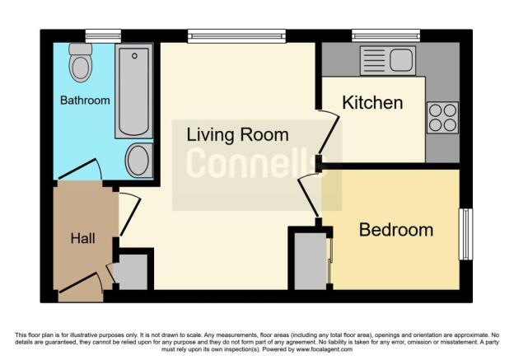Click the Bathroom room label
tap(85, 101)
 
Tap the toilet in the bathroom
tap(81, 63)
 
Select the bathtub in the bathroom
tap(133, 91)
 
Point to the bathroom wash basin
tap(138, 160)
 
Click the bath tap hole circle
tap(134, 56)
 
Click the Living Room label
tap(237, 135)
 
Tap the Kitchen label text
tap(372, 103)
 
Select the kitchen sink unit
tap(388, 61)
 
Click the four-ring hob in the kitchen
tap(442, 117)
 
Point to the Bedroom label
tap(396, 230)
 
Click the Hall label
tap(82, 238)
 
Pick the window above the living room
tap(236, 36)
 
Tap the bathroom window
tap(103, 36)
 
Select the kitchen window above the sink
tap(385, 35)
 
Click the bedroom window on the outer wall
tap(465, 234)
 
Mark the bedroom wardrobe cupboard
tap(311, 261)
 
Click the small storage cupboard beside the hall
tap(133, 272)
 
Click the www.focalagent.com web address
tap(325, 349)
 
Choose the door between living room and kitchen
tap(329, 133)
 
